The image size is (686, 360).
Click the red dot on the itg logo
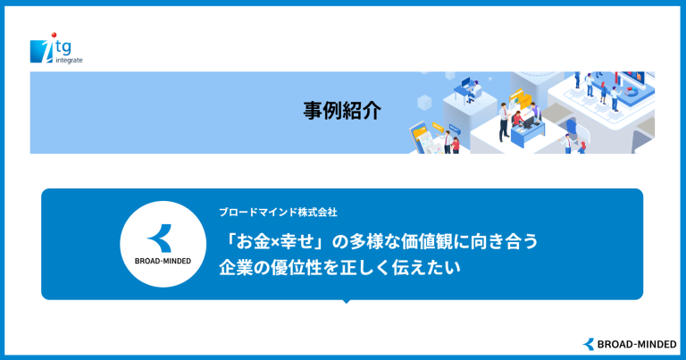click(x=54, y=35)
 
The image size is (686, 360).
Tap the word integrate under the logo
click(x=69, y=61)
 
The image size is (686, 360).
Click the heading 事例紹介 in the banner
click(x=342, y=111)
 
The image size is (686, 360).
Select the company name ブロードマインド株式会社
click(x=278, y=213)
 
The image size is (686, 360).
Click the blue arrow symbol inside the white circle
click(x=160, y=238)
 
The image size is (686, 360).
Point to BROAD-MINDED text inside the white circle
click(x=163, y=261)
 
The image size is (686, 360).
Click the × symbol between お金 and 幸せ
click(x=275, y=243)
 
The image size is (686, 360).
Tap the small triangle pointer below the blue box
click(x=346, y=301)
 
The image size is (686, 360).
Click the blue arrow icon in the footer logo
click(x=589, y=344)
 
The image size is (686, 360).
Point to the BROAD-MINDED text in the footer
click(x=637, y=345)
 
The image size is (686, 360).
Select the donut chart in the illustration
click(x=632, y=92)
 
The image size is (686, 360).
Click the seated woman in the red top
click(x=518, y=119)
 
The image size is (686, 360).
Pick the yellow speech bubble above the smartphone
click(x=438, y=127)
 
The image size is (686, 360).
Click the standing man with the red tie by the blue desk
click(x=504, y=122)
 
